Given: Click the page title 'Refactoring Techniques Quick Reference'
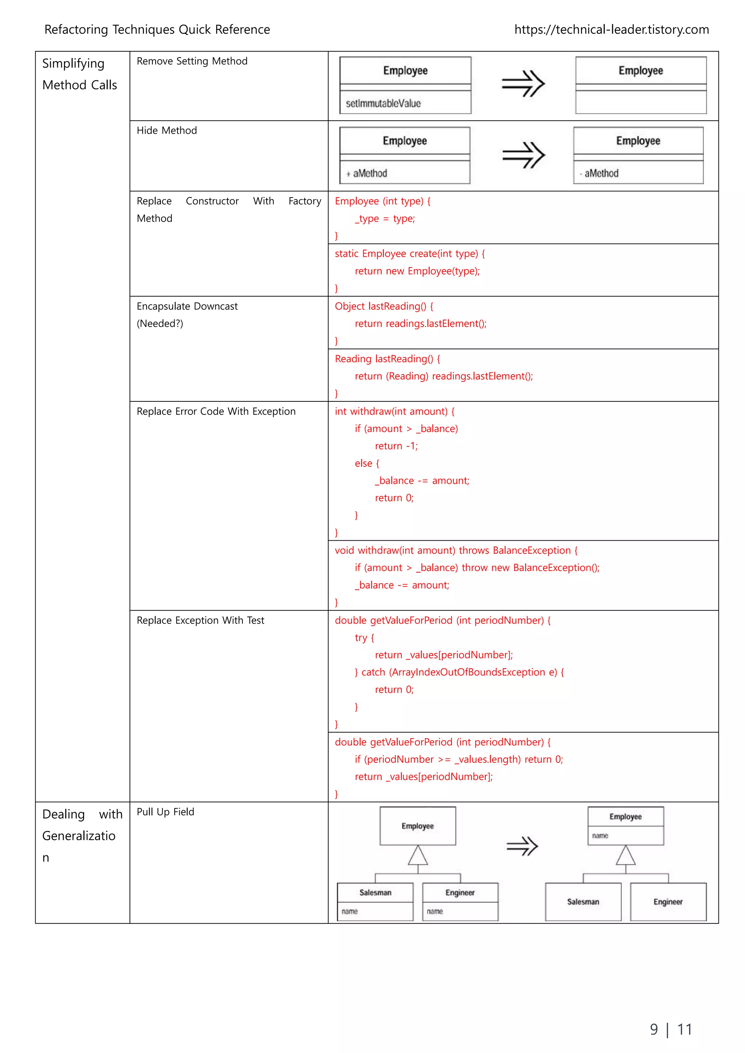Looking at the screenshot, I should click(x=157, y=30).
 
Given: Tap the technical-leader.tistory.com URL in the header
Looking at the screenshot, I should click(x=611, y=30).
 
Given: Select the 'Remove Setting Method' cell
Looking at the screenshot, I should click(x=192, y=61).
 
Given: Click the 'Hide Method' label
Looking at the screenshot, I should click(x=167, y=131).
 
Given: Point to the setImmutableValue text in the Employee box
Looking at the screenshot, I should click(x=383, y=104).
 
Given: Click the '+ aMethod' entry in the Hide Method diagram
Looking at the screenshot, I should click(x=367, y=173).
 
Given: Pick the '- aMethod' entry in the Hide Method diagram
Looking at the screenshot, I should click(x=599, y=173).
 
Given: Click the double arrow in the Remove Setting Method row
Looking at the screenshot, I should click(x=523, y=84).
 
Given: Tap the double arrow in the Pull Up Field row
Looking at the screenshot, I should click(x=522, y=846).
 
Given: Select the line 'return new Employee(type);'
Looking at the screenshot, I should click(x=417, y=271).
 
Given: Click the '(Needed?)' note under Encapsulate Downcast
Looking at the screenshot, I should click(x=160, y=324).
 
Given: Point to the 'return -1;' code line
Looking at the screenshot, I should click(x=396, y=446).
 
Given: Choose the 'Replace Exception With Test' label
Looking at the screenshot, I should click(x=200, y=621).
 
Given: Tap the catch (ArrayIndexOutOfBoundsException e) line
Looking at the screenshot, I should click(x=459, y=672).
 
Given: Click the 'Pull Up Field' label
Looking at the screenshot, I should click(x=165, y=812).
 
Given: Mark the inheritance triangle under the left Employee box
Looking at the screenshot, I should click(x=418, y=856).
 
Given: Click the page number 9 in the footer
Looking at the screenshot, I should click(x=654, y=1030).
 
